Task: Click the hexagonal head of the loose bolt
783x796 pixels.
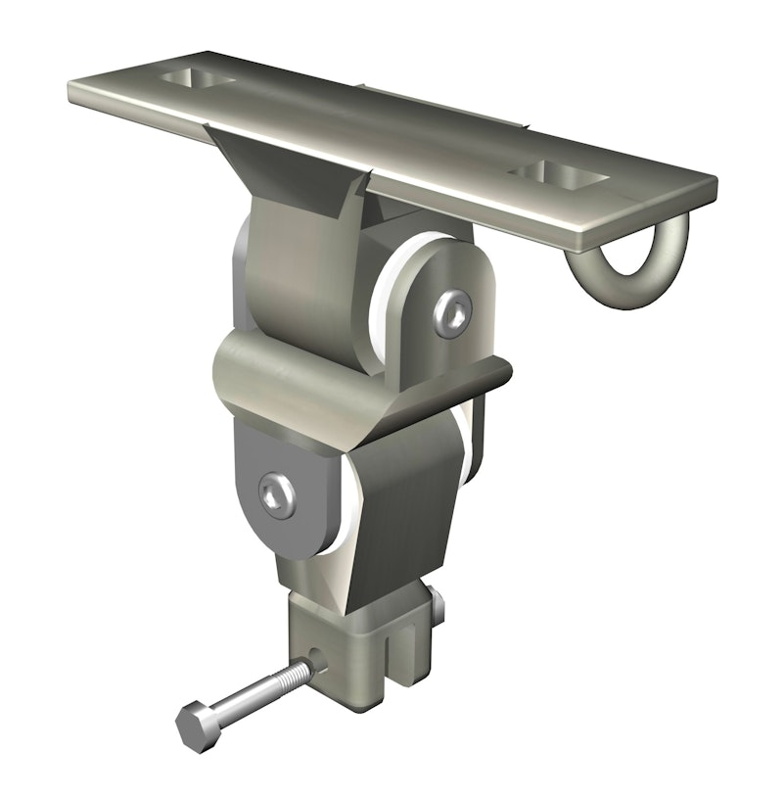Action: coord(195,726)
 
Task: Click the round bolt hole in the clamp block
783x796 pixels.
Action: coord(320,665)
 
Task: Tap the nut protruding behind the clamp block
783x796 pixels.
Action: coord(437,602)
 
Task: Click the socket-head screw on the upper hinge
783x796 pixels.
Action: coord(453,311)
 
